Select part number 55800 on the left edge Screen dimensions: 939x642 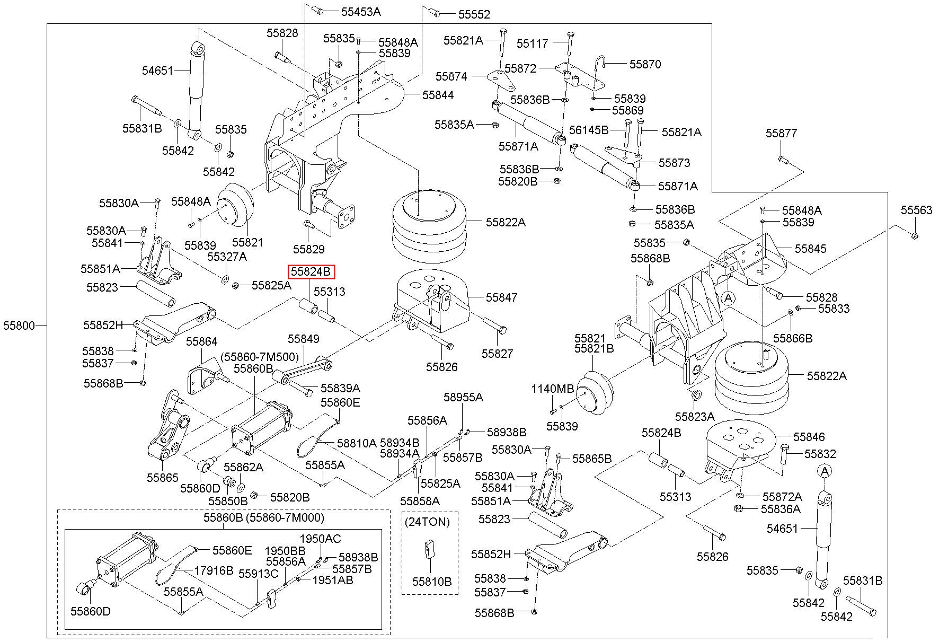[19, 326]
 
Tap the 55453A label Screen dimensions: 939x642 [361, 11]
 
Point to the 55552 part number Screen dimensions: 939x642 [474, 14]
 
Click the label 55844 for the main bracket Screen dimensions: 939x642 [438, 95]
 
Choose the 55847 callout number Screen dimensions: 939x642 [502, 297]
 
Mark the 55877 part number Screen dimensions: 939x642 [781, 133]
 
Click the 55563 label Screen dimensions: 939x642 [917, 210]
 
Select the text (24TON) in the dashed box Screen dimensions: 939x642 [427, 522]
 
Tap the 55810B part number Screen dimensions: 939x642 [432, 582]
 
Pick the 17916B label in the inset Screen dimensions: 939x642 [214, 570]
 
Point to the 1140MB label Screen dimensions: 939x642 [553, 389]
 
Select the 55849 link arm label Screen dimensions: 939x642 [304, 339]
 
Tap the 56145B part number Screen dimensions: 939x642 [589, 129]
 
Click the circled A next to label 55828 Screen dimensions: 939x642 [729, 298]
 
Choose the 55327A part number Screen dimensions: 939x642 [227, 257]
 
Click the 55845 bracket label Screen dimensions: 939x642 [810, 249]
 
